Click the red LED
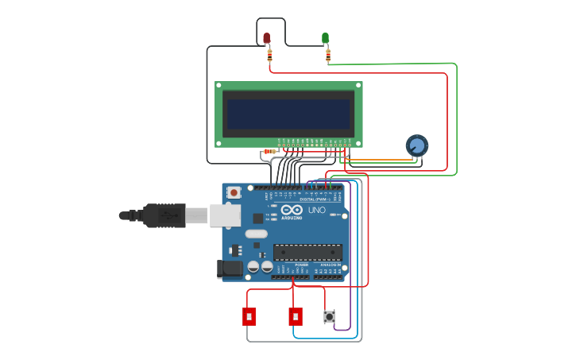266,37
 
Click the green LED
325,37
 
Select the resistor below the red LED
269,55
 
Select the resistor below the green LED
328,55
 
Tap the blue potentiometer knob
416,145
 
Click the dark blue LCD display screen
288,114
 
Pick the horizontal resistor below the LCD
269,151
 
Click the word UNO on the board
316,210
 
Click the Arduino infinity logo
292,210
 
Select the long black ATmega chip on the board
307,252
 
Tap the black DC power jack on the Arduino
230,269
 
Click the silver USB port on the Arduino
225,215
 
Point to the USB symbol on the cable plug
168,215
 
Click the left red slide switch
249,316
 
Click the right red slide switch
296,316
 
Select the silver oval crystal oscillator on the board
256,234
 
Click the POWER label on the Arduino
291,265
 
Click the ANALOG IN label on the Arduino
330,265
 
